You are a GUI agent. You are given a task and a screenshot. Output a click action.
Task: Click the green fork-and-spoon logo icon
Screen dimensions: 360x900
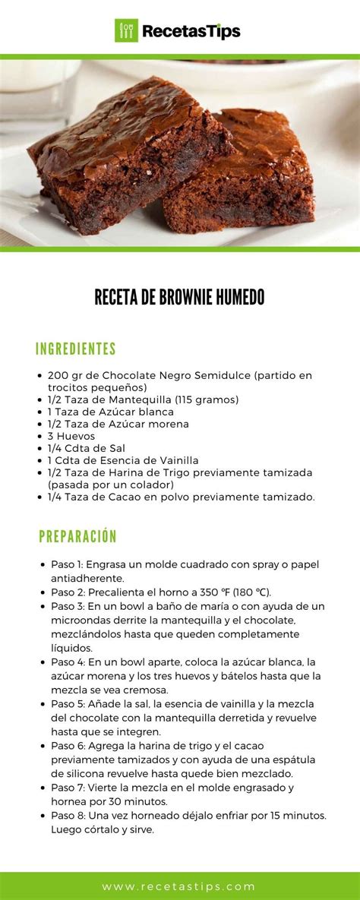point(125,30)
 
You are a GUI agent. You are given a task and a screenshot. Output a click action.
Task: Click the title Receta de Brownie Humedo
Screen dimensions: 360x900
point(179,297)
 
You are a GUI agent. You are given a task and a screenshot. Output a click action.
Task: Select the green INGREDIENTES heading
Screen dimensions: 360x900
point(75,349)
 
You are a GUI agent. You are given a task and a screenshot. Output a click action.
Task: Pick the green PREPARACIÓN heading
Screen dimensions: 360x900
point(77,537)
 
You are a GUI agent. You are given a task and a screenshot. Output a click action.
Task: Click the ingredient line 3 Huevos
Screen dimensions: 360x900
point(71,436)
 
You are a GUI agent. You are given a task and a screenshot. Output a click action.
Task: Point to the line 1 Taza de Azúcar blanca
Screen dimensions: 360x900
point(110,412)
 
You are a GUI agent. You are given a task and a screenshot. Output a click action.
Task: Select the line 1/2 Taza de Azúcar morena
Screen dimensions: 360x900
point(118,424)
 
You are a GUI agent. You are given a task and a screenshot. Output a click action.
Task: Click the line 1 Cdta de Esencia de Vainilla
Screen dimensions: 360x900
point(122,460)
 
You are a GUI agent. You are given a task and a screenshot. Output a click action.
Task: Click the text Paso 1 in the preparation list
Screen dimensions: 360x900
point(66,565)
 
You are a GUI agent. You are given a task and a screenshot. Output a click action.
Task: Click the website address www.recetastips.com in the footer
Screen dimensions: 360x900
point(179,886)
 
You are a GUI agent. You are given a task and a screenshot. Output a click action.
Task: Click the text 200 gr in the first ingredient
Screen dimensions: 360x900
point(64,375)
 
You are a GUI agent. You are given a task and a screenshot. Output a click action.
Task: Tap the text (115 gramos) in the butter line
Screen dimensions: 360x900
point(207,399)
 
